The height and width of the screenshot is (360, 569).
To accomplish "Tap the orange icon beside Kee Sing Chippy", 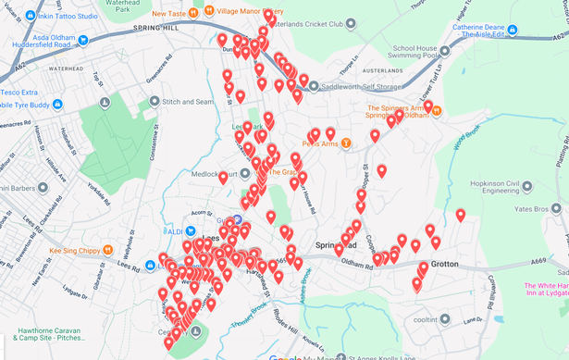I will click(x=108, y=250).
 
